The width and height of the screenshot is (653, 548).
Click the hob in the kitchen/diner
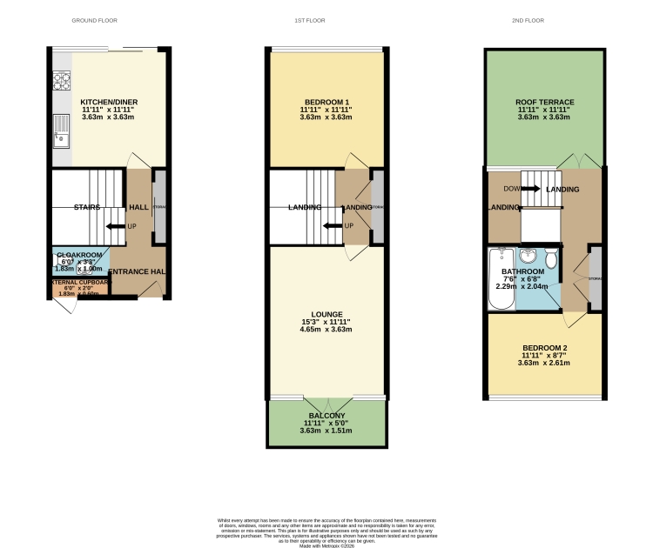tap(63, 81)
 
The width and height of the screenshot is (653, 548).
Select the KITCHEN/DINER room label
tap(109, 102)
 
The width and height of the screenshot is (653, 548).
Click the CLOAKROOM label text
tap(77, 253)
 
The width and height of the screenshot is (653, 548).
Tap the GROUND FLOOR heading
tap(94, 20)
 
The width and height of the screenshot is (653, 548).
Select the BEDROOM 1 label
tap(326, 102)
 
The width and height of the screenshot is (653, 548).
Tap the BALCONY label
tap(326, 416)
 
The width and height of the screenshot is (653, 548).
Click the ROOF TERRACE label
tap(544, 102)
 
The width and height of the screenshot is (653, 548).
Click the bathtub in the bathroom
tap(502, 280)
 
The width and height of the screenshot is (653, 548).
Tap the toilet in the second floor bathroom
tap(551, 261)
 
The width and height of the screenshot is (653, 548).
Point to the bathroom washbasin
tap(529, 257)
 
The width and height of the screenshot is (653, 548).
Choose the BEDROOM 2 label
tap(544, 347)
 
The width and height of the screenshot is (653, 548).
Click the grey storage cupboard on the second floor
tap(595, 278)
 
